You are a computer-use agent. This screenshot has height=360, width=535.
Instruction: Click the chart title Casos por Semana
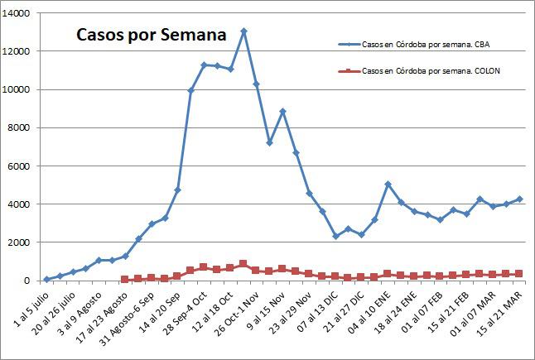click(x=151, y=36)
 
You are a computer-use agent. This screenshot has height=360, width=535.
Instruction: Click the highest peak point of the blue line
click(x=243, y=31)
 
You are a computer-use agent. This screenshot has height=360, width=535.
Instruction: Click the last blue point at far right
click(x=519, y=199)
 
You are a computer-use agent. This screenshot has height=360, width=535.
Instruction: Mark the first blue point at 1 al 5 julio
click(x=47, y=279)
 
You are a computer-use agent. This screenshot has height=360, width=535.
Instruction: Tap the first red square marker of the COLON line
click(x=125, y=280)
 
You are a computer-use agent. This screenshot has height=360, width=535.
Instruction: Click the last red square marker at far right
click(x=519, y=273)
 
